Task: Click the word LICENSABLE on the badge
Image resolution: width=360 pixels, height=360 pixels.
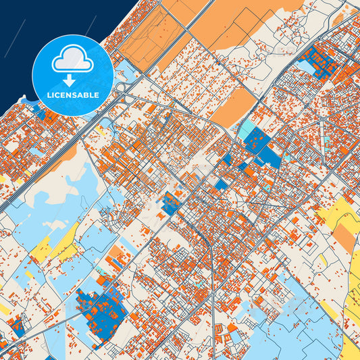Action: point(73,95)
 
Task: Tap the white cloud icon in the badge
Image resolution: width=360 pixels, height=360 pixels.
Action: point(73,61)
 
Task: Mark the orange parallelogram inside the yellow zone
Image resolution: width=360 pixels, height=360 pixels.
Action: point(344,236)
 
